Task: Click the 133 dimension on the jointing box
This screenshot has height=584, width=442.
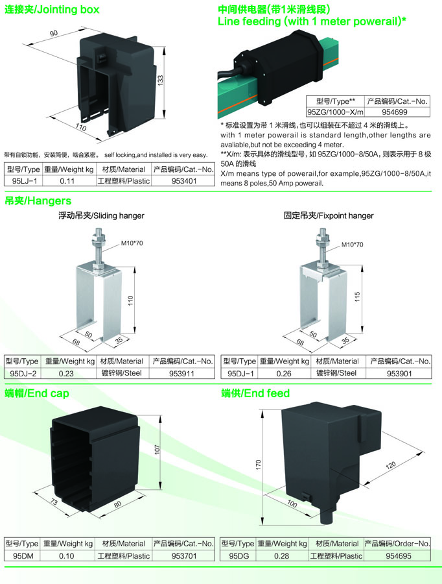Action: (160, 80)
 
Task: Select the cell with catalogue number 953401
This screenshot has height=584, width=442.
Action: (184, 181)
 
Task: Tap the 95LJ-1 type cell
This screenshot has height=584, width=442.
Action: (22, 181)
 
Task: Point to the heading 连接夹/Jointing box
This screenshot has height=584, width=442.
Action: (52, 9)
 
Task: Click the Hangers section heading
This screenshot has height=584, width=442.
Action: (38, 201)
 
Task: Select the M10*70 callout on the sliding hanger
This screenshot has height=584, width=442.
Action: (132, 243)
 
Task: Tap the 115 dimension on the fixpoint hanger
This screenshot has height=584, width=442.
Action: (357, 297)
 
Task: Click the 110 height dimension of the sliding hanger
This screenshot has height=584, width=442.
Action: (131, 301)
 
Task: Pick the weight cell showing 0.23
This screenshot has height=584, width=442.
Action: (66, 373)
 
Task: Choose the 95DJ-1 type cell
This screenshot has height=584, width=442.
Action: (240, 373)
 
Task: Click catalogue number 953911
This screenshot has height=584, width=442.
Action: (181, 373)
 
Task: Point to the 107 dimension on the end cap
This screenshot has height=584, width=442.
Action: (157, 450)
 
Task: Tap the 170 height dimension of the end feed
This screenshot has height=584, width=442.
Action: (259, 465)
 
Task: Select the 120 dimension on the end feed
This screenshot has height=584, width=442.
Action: (391, 465)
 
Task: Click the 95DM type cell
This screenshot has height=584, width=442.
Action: (23, 555)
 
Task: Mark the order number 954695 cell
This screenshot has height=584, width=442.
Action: (399, 555)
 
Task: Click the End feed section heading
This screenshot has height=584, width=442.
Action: (255, 393)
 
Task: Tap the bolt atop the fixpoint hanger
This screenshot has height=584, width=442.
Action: (322, 248)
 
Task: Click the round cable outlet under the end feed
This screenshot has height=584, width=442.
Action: (327, 516)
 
